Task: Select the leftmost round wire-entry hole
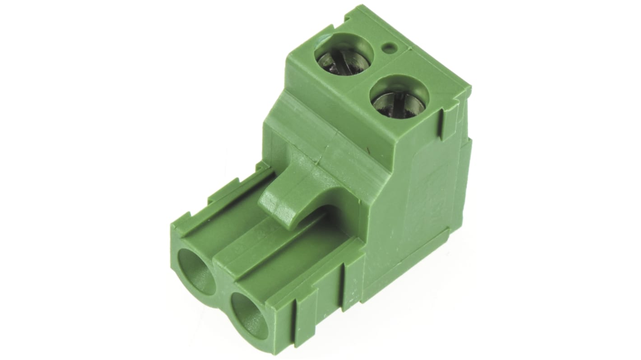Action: tap(197, 272)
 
